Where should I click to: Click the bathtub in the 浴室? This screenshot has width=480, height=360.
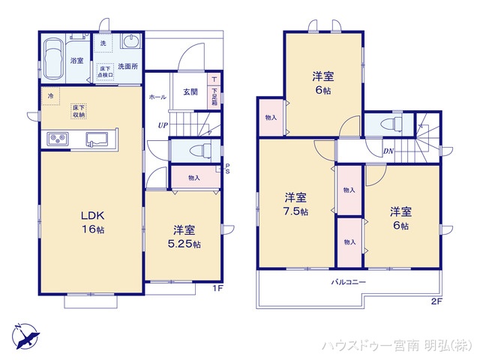click(53, 58)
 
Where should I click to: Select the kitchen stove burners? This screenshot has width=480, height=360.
click(58, 138)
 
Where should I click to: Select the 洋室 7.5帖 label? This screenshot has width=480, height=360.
click(295, 204)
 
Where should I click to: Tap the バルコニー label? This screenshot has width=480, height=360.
click(349, 283)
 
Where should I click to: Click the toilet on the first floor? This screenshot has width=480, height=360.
click(196, 150)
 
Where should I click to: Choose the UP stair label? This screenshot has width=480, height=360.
click(163, 125)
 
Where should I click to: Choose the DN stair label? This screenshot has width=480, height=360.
click(390, 151)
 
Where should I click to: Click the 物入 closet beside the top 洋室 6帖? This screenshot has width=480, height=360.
click(271, 118)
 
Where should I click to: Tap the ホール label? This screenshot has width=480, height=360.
click(157, 97)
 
